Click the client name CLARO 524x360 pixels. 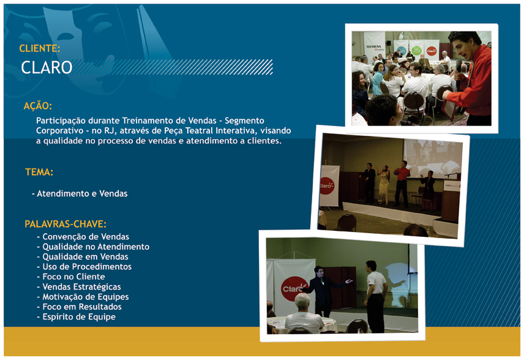(x=47, y=67)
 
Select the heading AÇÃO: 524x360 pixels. (x=38, y=106)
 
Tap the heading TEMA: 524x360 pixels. (x=39, y=172)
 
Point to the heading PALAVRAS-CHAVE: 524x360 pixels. (x=65, y=224)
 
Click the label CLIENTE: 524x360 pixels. (x=40, y=48)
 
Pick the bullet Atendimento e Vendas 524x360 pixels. (x=80, y=193)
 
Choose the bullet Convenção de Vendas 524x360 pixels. (x=83, y=237)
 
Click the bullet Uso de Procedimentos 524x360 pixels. (x=84, y=267)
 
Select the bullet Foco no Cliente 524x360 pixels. (x=71, y=277)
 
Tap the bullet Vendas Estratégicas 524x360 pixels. (x=79, y=287)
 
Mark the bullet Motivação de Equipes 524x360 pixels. (x=83, y=297)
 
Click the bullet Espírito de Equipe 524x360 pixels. (x=76, y=317)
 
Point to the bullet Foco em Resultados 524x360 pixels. (x=79, y=307)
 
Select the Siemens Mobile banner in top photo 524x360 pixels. (x=374, y=47)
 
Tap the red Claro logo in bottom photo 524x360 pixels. (x=293, y=289)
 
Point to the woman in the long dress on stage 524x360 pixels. (x=384, y=185)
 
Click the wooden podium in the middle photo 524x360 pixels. (x=450, y=201)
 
